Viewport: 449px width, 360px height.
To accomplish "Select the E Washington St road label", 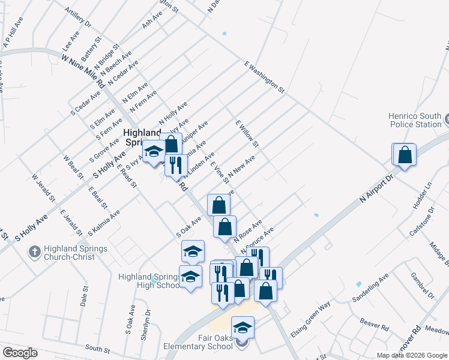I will (x=264, y=76).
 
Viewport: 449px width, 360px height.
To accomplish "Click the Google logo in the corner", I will (x=20, y=353).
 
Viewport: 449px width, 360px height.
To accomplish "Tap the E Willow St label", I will (x=247, y=134).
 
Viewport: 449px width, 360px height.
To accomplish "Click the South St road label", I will (x=95, y=347).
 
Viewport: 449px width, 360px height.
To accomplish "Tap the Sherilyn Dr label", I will (x=144, y=326).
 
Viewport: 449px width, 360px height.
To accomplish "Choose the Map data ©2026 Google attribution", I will (x=412, y=355).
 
